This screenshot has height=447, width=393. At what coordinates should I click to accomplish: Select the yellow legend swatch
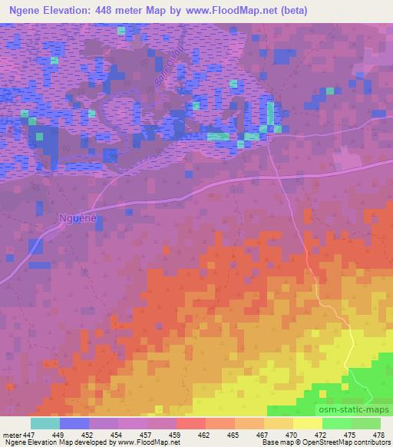(x=307, y=423)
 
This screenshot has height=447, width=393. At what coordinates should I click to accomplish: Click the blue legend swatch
(x=74, y=423)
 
